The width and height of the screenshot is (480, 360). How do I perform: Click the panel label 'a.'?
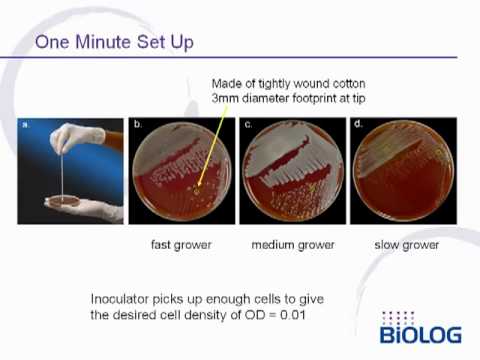(27, 126)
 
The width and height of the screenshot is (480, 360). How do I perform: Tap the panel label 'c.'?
(247, 126)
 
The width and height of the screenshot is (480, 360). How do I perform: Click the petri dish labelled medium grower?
(290, 175)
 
